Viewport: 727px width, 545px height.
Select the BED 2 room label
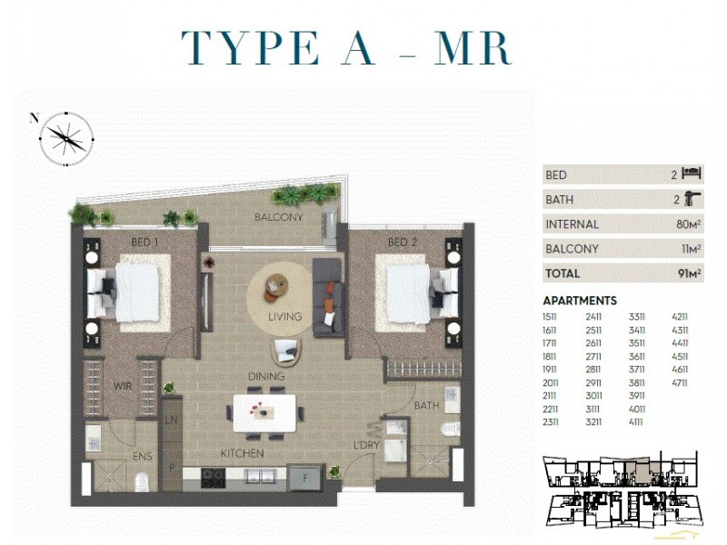[403, 243]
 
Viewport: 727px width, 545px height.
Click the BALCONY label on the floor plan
[278, 218]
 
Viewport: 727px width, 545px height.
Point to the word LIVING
[284, 317]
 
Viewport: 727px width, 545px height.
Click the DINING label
[267, 376]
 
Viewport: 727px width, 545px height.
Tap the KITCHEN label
[242, 452]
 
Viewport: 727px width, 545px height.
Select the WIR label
[123, 385]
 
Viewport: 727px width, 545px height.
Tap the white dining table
[267, 411]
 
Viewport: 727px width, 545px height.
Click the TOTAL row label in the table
[563, 273]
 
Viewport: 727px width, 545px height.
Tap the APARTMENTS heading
[580, 301]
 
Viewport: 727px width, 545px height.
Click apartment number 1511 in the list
[551, 316]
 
